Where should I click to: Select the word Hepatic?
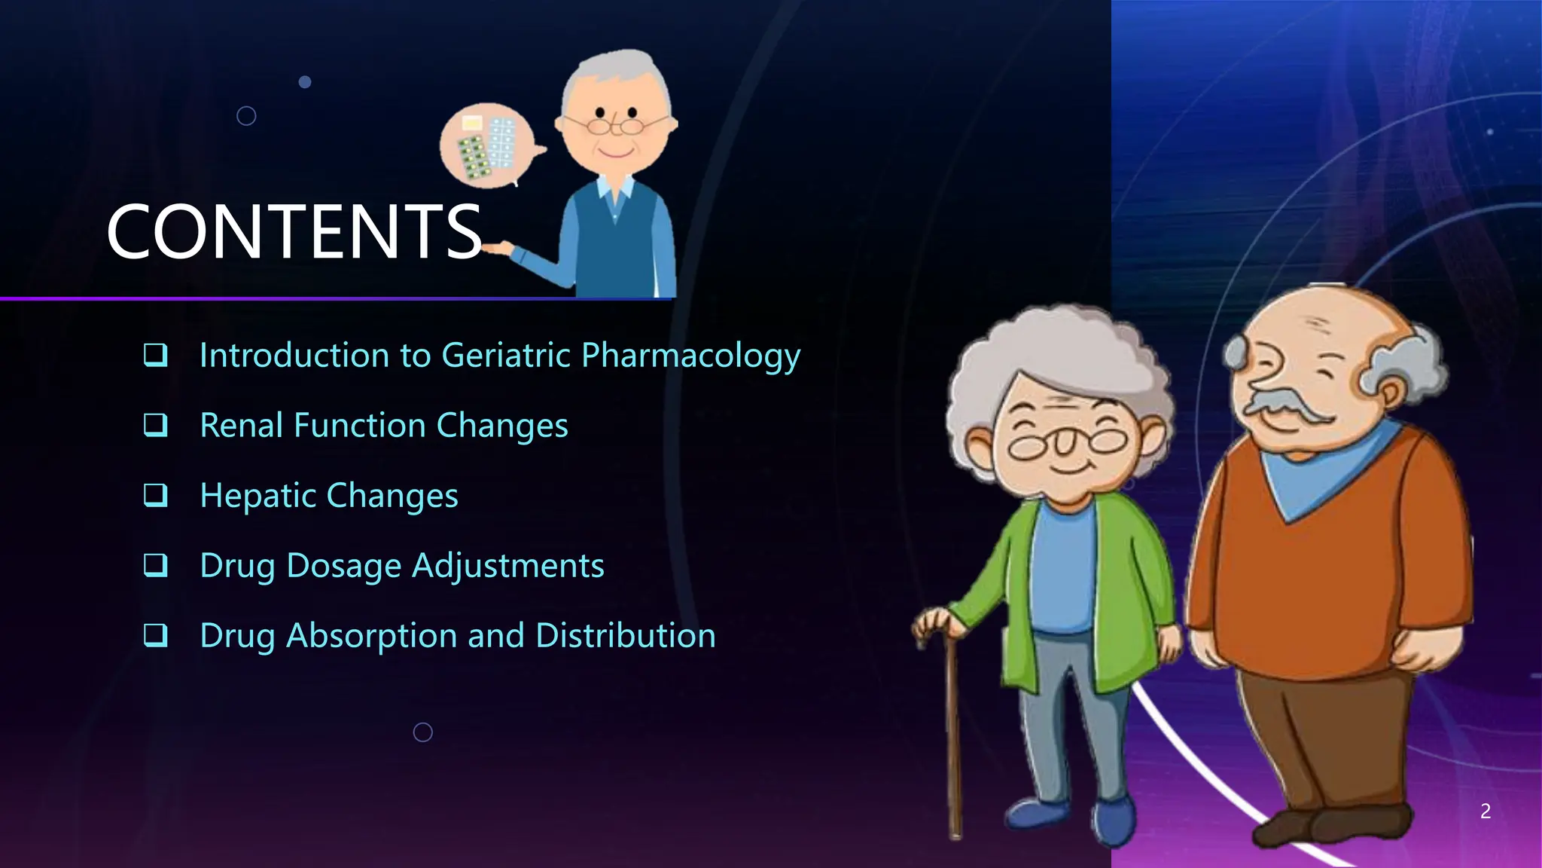258,496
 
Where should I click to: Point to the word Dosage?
343,566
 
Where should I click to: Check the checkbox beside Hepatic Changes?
156,495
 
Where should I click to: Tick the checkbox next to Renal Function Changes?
156,425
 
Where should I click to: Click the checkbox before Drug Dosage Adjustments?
156,565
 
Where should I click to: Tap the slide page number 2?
1485,811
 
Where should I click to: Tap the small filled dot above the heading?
305,81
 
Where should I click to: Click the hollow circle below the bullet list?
423,732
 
